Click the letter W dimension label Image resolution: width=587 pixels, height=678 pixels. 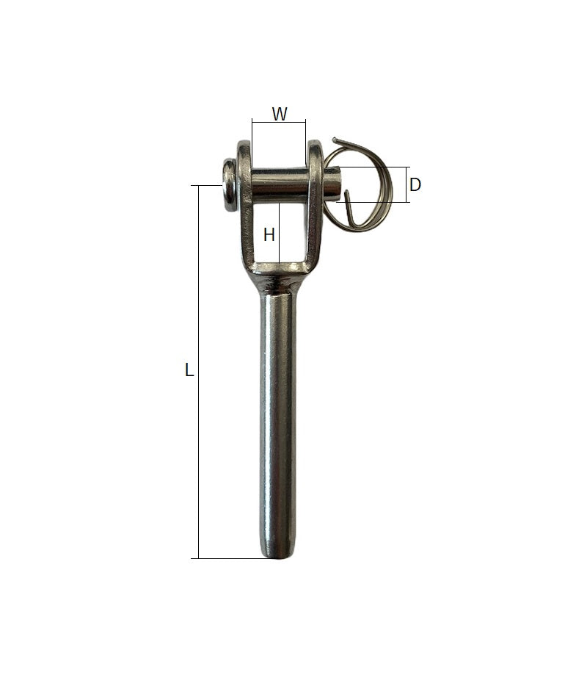pyautogui.click(x=280, y=114)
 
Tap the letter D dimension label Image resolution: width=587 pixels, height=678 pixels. pyautogui.click(x=415, y=184)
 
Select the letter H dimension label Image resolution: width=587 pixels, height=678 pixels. pyautogui.click(x=269, y=235)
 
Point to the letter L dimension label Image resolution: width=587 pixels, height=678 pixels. pyautogui.click(x=189, y=369)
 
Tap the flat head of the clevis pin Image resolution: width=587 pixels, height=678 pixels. pyautogui.click(x=228, y=185)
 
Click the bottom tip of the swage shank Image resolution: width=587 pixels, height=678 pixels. pyautogui.click(x=279, y=557)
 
